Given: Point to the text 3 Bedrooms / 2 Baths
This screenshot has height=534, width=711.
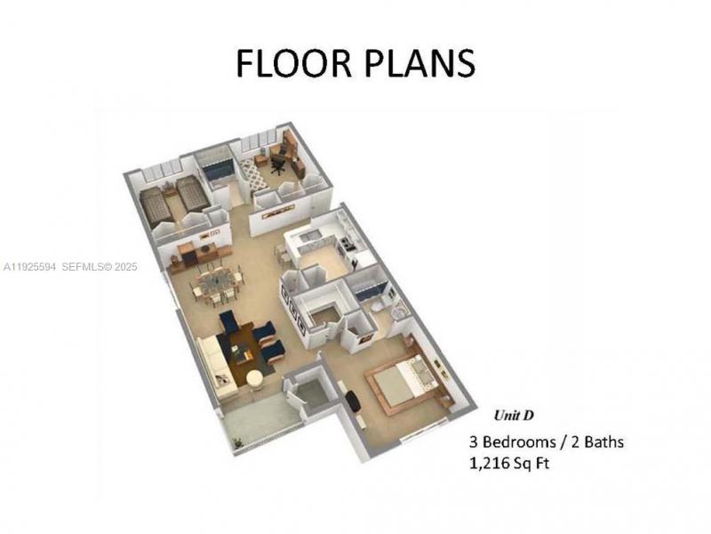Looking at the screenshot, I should click(x=547, y=441).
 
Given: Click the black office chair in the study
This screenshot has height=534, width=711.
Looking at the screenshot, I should click(x=278, y=161).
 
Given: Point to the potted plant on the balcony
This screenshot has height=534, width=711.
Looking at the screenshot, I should click(x=236, y=440).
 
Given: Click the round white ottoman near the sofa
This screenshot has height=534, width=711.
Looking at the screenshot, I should click(x=255, y=377).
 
